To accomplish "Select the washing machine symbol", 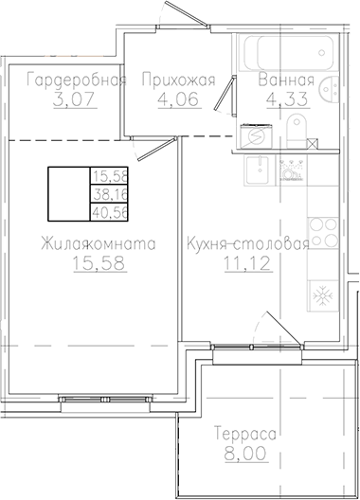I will pyautogui.click(x=256, y=136).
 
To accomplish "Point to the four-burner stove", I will pyautogui.click(x=322, y=232).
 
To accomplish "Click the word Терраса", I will pyautogui.click(x=243, y=434).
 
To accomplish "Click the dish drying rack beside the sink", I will pyautogui.click(x=293, y=170).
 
